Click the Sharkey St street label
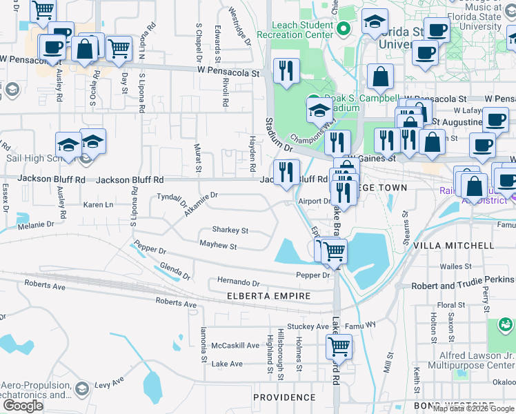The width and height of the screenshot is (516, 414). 230,230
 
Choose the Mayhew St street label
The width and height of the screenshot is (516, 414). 218,246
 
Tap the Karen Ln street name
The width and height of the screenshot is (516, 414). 98,205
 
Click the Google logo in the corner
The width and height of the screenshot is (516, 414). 23,405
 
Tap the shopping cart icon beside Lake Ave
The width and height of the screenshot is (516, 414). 338,345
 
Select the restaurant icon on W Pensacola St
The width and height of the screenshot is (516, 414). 286,70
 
